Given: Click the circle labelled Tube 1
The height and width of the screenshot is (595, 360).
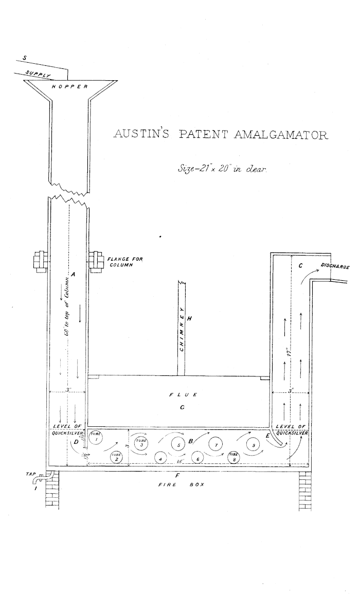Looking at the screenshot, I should (x=96, y=438).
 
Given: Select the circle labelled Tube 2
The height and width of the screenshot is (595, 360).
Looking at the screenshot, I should (x=117, y=456).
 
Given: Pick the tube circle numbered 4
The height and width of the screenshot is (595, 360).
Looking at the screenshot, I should (x=160, y=457).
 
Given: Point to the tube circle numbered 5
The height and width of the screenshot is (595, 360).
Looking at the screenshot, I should (x=178, y=445).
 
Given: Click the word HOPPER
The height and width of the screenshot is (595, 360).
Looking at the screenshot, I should (x=70, y=86).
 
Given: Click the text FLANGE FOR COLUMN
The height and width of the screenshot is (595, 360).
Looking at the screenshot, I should (x=119, y=261).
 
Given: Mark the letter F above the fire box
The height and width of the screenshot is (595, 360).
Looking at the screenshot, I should (x=178, y=472).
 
